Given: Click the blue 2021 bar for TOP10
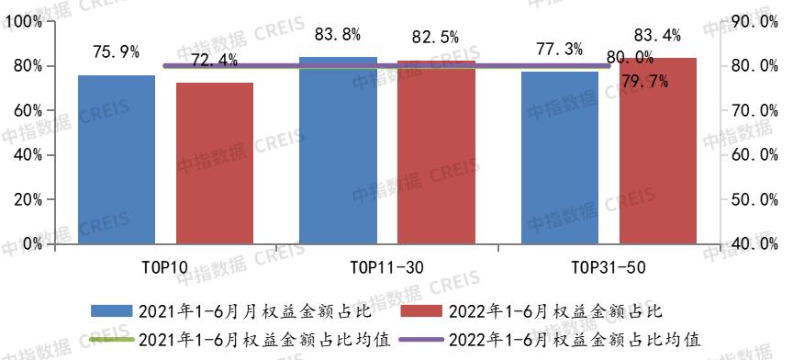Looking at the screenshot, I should tap(117, 159).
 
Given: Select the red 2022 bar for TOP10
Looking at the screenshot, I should tap(214, 163).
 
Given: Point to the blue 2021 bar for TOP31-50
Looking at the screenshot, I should tap(559, 157).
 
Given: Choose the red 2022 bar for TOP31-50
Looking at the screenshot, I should tap(657, 151).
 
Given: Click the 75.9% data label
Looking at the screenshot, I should tap(116, 51).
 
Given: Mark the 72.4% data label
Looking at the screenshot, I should tap(214, 61).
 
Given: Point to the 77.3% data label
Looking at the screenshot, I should tap(559, 50).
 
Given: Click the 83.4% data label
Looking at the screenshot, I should tap(657, 37).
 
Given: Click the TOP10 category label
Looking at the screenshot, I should tap(166, 267).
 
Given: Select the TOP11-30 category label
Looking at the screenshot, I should tap(387, 267).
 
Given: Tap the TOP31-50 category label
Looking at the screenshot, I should tap(608, 267).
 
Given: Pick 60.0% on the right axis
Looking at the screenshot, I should tap(757, 155).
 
